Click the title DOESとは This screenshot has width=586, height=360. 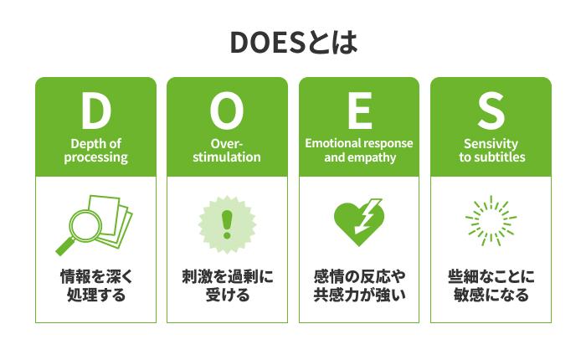(293, 43)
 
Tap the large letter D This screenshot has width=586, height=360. (95, 110)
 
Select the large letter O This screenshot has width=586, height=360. (227, 110)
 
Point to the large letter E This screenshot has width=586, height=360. (358, 110)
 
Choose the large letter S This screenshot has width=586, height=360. (491, 110)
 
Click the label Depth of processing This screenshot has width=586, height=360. (95, 150)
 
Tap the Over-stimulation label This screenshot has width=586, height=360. (227, 150)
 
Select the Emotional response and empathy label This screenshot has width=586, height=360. (358, 150)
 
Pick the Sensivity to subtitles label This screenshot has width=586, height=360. (491, 150)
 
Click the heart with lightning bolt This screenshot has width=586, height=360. (358, 222)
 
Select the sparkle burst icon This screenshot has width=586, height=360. (491, 223)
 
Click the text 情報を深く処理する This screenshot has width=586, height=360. (95, 285)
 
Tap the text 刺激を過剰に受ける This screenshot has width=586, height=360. (227, 285)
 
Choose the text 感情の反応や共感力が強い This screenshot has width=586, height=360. (358, 285)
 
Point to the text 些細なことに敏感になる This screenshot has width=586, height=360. (491, 285)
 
